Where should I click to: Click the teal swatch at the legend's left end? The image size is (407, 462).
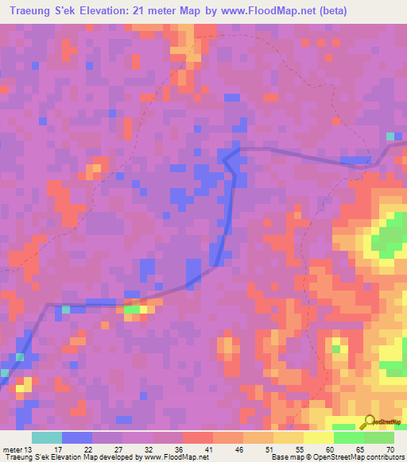(46, 437)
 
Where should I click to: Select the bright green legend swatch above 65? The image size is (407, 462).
(349, 437)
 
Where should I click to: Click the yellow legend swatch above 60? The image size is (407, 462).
(318, 437)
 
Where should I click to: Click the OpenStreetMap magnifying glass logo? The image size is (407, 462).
(370, 422)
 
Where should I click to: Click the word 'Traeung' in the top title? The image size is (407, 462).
(33, 11)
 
